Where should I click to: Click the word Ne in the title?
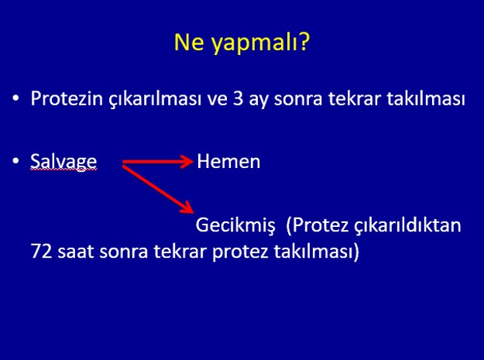(189, 42)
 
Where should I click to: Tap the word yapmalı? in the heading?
(260, 43)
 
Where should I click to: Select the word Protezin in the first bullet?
(67, 99)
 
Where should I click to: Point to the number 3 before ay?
(238, 99)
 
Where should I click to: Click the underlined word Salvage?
(64, 161)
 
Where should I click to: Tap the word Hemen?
(228, 161)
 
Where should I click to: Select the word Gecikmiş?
(235, 225)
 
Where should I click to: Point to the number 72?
(41, 251)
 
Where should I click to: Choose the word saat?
(76, 252)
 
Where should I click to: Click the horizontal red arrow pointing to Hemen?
(158, 162)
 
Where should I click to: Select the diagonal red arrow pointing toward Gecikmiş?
(158, 190)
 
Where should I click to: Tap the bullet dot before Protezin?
(15, 98)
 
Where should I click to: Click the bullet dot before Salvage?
(15, 161)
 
